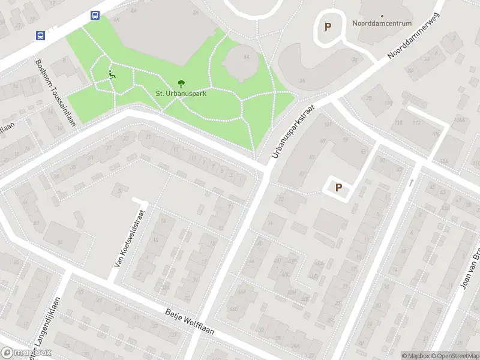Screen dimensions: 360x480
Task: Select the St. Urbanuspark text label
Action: click(181, 93)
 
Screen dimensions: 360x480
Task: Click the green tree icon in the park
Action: click(181, 84)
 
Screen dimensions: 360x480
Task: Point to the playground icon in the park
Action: click(112, 74)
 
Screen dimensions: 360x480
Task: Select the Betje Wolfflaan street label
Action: click(190, 323)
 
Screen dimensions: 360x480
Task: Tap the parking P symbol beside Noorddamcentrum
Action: click(328, 26)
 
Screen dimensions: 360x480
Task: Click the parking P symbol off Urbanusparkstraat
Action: click(338, 187)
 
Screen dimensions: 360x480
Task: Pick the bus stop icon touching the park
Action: click(95, 16)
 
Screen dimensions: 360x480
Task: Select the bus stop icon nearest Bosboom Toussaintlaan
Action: click(40, 35)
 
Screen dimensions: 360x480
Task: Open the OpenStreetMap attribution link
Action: click(455, 355)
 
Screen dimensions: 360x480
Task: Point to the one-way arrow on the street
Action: click(412, 181)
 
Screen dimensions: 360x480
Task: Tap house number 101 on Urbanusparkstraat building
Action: click(328, 125)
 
